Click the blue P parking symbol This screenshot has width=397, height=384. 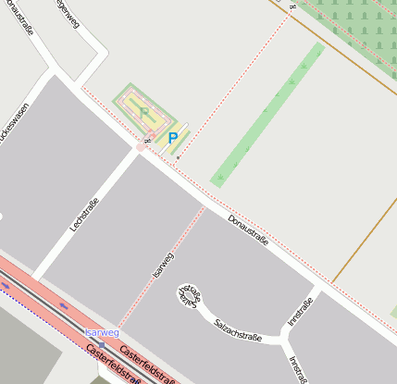coord(172,139)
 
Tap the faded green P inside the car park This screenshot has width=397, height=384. coord(144,112)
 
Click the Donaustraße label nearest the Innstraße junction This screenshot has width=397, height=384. coord(248,229)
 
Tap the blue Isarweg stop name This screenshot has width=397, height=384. coord(102,332)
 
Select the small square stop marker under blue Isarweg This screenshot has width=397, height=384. coord(102,343)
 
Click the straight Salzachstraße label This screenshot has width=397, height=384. coord(238,330)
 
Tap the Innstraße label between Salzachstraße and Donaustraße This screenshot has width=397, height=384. coord(300,311)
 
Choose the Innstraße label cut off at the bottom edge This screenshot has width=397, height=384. coord(297,368)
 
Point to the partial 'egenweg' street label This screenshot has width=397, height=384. coord(67,19)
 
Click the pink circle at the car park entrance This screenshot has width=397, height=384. coord(141,147)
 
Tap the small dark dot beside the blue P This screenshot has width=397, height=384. coord(178,158)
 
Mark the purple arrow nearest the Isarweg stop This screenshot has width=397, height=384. coord(64,304)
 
